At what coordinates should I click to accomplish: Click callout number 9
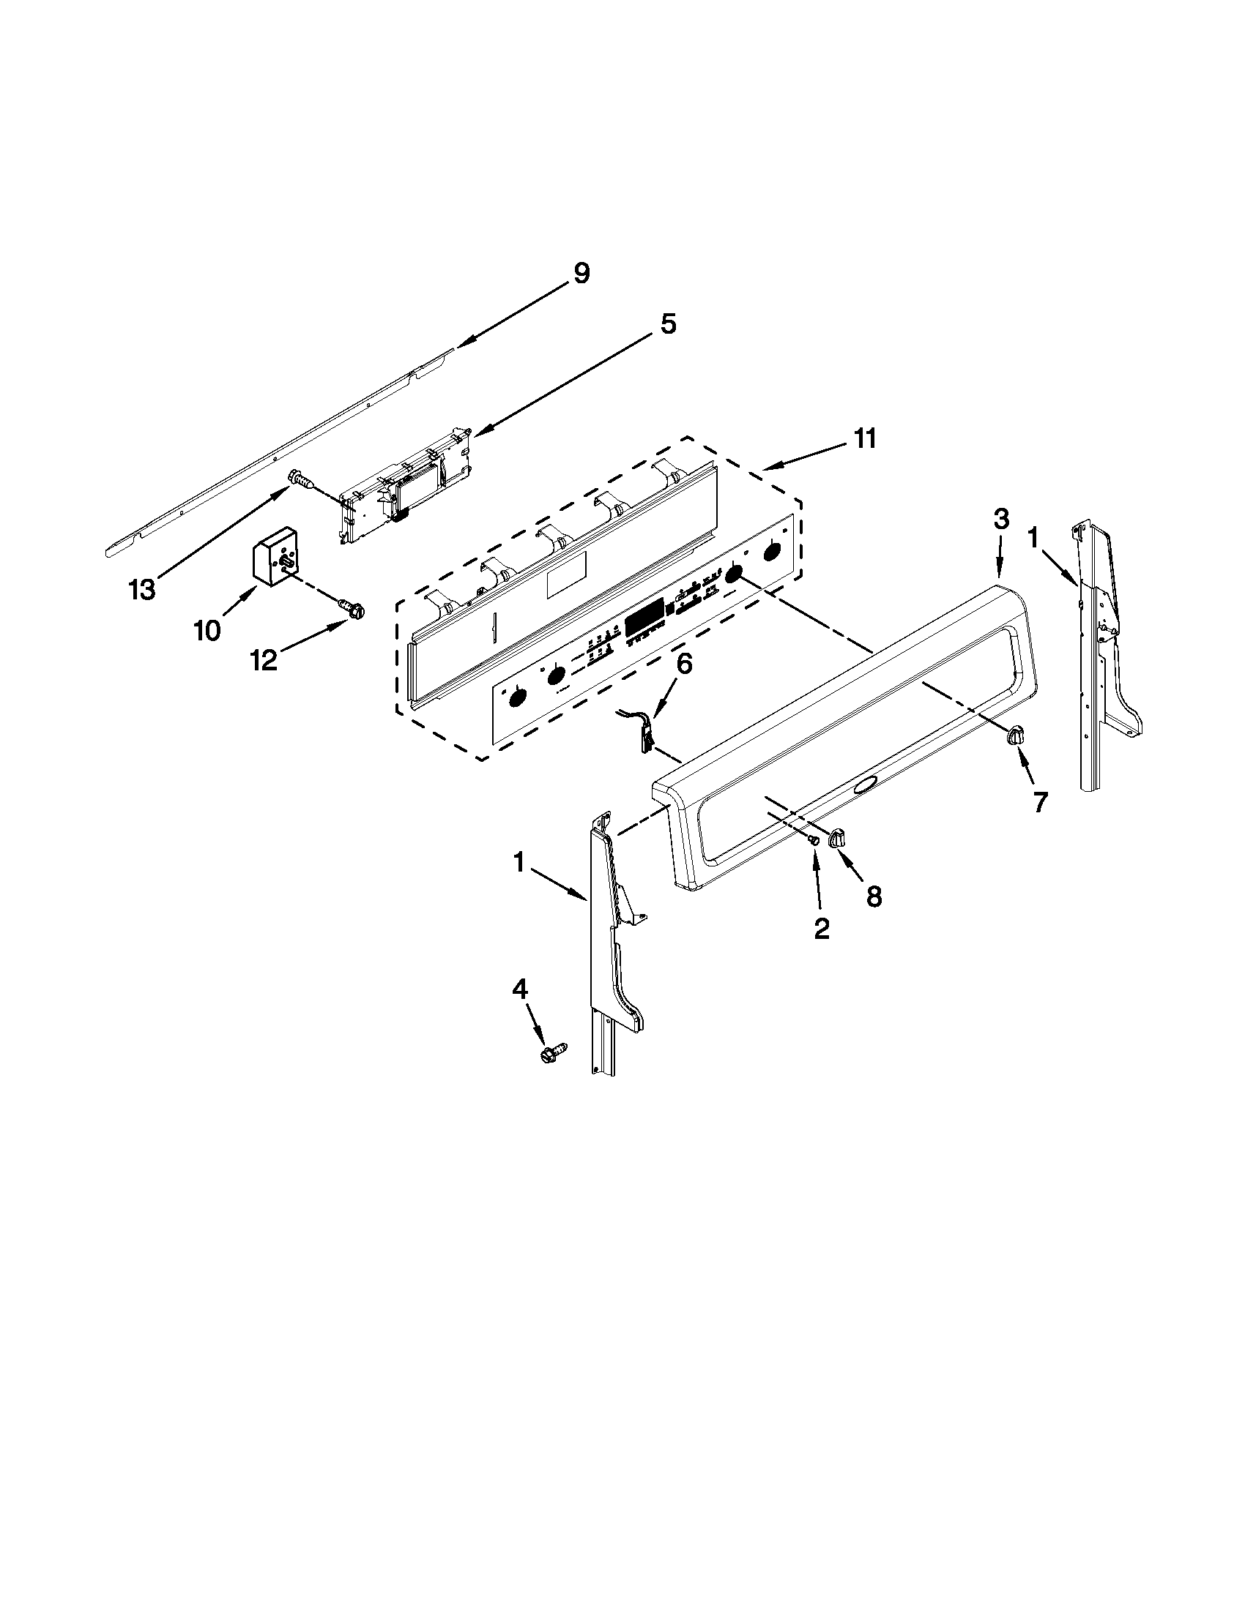(581, 274)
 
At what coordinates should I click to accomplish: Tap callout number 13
(141, 589)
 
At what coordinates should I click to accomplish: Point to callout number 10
(207, 630)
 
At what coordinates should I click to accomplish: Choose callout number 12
(264, 660)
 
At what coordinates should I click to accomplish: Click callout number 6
(684, 664)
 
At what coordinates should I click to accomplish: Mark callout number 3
(1000, 520)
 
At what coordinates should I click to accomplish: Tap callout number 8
(873, 896)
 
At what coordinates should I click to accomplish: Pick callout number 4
(520, 989)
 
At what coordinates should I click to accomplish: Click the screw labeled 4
(553, 1052)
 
